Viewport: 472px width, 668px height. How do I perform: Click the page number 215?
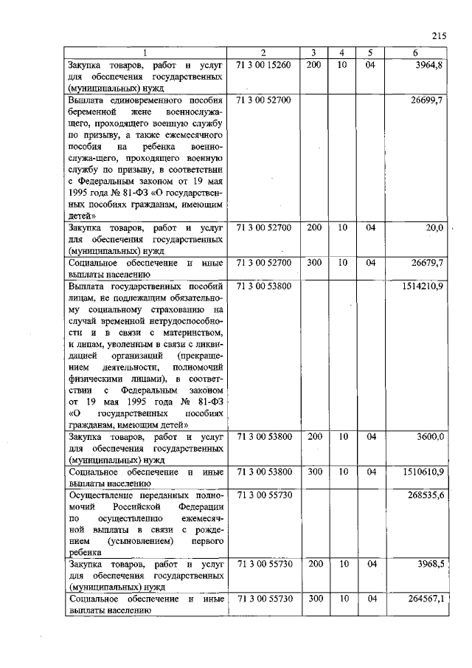[440, 35]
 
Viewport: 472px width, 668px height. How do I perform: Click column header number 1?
[145, 52]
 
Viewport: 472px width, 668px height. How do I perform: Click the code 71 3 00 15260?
[264, 65]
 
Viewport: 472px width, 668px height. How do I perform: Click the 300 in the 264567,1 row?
[314, 599]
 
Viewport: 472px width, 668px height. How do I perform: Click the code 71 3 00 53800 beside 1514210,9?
[264, 285]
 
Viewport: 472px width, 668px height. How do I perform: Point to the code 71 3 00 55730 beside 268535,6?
[264, 494]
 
